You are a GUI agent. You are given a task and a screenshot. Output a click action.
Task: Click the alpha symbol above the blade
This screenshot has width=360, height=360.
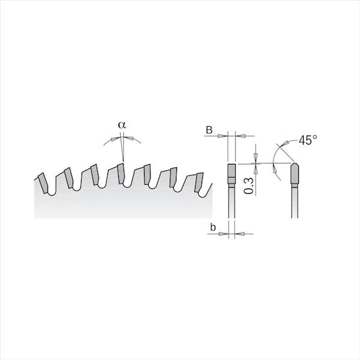122,124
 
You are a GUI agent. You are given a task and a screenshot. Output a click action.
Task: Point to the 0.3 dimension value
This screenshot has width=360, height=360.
248,182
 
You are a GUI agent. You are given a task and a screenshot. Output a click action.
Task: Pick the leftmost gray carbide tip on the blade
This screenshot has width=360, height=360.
44,179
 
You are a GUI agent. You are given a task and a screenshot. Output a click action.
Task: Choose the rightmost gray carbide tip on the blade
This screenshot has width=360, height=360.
196,181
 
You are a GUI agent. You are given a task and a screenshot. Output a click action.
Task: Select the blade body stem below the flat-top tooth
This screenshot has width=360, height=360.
231,204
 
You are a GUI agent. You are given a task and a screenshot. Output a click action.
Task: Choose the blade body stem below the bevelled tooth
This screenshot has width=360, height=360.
295,204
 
